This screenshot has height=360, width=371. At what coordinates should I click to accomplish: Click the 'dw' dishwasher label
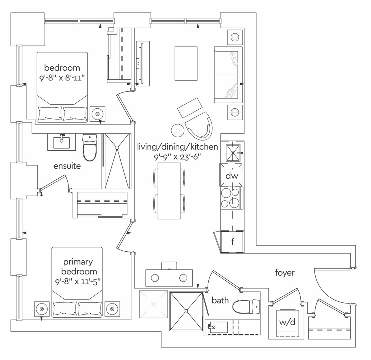pos(232,176)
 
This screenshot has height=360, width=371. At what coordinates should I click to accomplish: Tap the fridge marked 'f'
pos(232,242)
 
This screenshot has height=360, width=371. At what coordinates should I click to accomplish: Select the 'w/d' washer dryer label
pos(287,322)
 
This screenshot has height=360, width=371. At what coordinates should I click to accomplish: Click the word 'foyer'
pos(284,272)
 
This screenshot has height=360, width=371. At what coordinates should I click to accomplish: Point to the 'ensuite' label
pos(67,166)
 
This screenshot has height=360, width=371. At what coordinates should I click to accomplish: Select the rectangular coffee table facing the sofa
pos(187,63)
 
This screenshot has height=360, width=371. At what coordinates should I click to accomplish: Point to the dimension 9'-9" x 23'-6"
pos(178,156)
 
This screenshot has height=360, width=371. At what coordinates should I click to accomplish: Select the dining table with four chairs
pos(169,191)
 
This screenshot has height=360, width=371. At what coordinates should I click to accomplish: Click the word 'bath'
pos(220,300)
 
